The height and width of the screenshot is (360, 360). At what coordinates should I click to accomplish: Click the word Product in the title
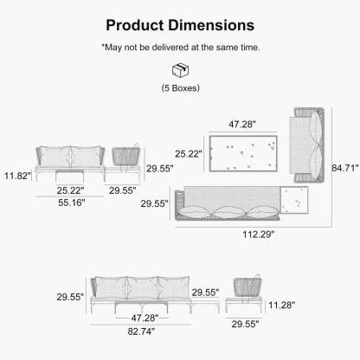pos(134,26)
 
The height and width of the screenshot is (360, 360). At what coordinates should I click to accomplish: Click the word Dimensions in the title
pos(211,25)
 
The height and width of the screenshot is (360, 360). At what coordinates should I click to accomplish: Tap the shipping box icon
pos(180,70)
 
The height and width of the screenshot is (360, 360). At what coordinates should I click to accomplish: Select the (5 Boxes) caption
pos(181,87)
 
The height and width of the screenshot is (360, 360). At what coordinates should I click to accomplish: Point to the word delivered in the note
pos(170,47)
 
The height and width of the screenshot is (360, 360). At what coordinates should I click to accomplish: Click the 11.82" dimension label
pos(17,176)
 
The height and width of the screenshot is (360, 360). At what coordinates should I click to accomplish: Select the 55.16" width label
pos(72,202)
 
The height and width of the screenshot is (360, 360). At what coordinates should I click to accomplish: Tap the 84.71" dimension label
pos(345,168)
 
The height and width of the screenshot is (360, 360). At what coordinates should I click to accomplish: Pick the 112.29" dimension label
pos(259,234)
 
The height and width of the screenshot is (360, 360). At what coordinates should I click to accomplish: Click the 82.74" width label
pos(141,331)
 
